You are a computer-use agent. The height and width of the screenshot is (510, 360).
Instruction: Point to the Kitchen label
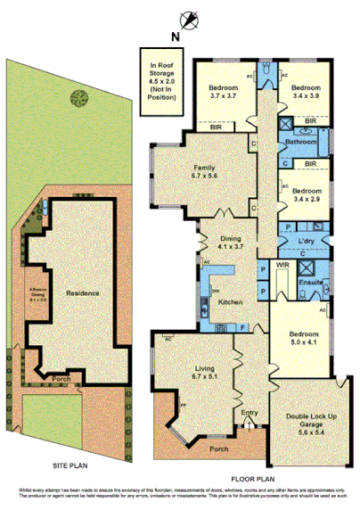[231, 303]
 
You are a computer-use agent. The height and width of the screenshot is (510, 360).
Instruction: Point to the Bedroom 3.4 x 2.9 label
[306, 195]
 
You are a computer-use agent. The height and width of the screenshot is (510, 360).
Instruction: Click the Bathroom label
[300, 142]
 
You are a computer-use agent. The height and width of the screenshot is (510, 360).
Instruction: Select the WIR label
[284, 266]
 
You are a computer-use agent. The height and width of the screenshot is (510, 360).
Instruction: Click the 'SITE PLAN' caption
[71, 466]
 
